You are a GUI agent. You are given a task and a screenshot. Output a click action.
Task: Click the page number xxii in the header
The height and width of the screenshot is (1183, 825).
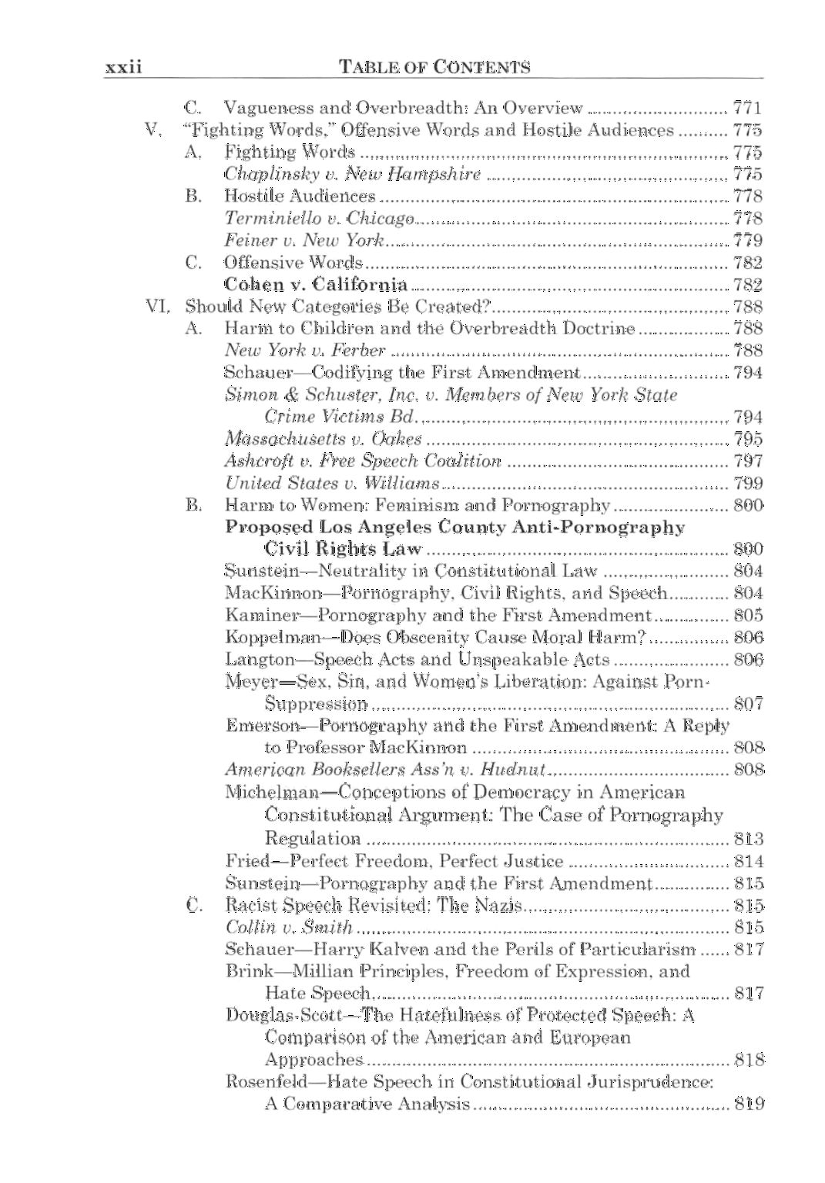(123, 67)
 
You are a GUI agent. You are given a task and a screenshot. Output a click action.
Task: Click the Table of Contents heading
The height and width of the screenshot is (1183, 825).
(434, 67)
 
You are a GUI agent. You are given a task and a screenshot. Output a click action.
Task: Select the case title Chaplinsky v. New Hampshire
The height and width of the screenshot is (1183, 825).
(353, 174)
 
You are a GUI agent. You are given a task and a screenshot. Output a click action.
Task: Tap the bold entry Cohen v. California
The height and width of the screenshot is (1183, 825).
(316, 285)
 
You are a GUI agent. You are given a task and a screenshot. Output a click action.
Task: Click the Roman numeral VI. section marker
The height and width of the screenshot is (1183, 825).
(157, 307)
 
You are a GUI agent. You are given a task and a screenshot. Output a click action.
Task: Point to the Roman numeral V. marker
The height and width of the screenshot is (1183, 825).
(153, 129)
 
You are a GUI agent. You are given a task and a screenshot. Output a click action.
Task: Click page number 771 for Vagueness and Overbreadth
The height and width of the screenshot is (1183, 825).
(746, 108)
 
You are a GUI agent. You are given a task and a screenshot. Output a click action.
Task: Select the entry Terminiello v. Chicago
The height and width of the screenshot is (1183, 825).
(320, 219)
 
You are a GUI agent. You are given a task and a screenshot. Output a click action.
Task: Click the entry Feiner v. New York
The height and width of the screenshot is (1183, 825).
(304, 240)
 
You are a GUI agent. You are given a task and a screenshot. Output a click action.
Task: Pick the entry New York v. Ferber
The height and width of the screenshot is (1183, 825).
(305, 350)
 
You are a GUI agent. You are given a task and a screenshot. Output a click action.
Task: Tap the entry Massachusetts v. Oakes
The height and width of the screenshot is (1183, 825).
(324, 439)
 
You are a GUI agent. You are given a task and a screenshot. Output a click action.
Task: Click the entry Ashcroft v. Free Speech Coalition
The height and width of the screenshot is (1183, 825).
(363, 461)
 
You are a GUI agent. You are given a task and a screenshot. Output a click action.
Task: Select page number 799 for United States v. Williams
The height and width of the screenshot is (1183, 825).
(748, 484)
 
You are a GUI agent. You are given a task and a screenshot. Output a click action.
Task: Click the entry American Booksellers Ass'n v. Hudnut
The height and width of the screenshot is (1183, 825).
(385, 769)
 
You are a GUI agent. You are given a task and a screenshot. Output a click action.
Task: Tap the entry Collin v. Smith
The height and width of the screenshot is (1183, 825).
(289, 927)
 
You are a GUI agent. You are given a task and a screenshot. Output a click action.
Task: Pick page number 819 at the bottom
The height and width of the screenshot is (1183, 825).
(749, 1104)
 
